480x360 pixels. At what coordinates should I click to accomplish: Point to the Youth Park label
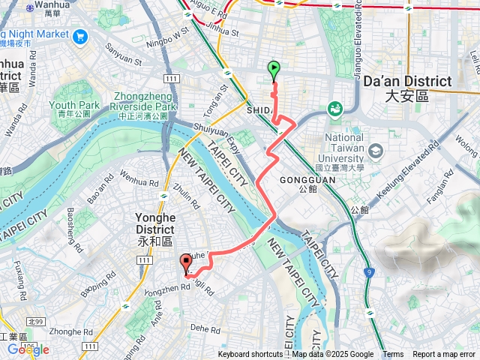point(70,105)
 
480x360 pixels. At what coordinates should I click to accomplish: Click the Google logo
point(28,349)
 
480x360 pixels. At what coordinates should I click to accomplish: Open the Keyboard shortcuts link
point(250,355)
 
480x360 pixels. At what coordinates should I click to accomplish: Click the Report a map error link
point(443,355)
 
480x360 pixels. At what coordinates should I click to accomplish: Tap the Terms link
point(393,355)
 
